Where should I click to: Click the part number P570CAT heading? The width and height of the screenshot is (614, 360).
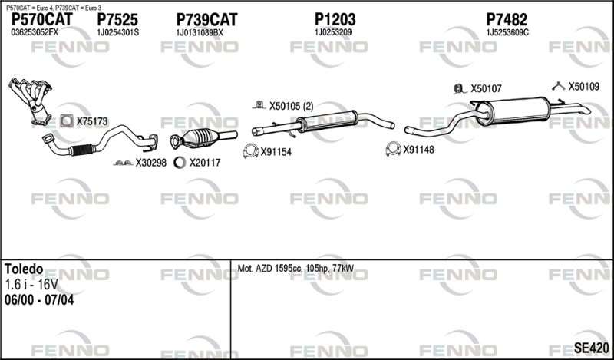tap(42, 20)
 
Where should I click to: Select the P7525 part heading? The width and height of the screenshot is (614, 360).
tap(117, 20)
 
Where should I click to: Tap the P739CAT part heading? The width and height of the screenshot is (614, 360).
tap(206, 20)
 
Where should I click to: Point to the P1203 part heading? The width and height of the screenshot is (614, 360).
tap(335, 20)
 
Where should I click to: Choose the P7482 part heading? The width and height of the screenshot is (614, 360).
tap(507, 20)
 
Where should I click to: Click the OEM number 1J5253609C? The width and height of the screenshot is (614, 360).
tap(507, 32)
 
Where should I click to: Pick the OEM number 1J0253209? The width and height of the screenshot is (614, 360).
tap(333, 32)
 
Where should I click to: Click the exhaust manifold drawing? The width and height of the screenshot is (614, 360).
tap(31, 100)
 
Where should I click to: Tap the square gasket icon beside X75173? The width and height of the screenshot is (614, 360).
tap(67, 121)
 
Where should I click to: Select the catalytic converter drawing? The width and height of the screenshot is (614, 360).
tap(203, 139)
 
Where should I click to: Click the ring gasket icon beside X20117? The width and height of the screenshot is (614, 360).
tap(180, 162)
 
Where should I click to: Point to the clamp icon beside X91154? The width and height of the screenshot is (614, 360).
tap(250, 151)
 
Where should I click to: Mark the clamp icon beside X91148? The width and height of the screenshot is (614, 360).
tap(393, 149)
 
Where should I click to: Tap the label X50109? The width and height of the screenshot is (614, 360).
tap(584, 87)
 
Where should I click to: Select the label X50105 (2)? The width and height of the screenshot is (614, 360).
tap(292, 106)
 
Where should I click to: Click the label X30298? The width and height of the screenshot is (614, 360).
tap(150, 163)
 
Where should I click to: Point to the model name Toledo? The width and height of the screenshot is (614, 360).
tap(24, 269)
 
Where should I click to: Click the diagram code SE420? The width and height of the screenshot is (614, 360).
tap(592, 348)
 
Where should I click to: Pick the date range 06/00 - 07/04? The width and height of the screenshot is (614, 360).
tap(39, 300)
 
